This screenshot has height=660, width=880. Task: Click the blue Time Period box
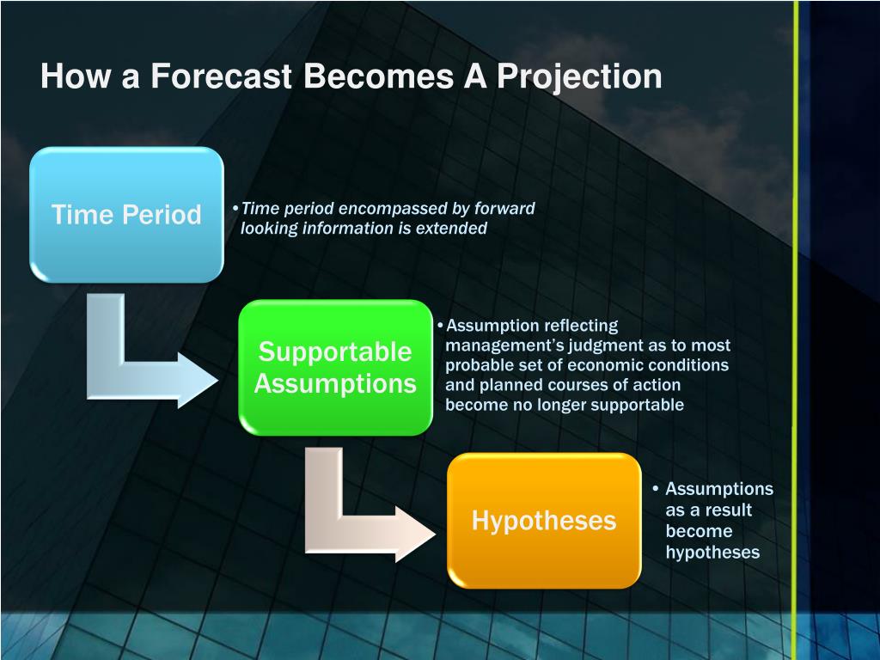point(127,214)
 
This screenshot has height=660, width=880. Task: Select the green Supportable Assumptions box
point(336,368)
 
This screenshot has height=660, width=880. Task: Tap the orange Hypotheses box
point(544,520)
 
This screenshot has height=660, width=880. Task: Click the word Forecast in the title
point(221,76)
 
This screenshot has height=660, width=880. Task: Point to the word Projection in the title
point(579,76)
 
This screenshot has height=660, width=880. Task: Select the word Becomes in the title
point(378,76)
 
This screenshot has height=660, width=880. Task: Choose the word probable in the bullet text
point(478,365)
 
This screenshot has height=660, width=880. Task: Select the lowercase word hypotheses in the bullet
point(712,553)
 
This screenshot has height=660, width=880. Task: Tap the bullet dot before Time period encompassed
point(235,208)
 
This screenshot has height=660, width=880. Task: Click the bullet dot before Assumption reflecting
point(440,326)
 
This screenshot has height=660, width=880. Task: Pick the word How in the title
point(75,76)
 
